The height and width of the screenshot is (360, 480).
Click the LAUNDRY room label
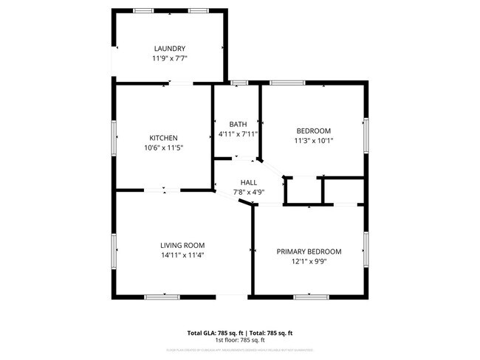(169, 49)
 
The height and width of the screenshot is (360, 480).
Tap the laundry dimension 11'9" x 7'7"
(169, 59)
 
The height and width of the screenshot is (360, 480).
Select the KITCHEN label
(163, 138)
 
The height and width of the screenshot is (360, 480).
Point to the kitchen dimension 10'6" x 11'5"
(163, 148)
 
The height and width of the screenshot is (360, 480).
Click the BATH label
(237, 124)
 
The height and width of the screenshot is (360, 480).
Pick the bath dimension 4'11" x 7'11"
(237, 134)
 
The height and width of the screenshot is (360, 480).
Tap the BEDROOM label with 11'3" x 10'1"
(313, 131)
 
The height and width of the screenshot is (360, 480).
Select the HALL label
(248, 182)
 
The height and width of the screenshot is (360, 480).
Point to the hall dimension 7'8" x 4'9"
(248, 192)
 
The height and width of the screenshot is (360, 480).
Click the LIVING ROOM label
(182, 245)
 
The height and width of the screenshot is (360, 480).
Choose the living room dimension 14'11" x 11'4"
(182, 255)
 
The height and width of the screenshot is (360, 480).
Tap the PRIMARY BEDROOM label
(309, 251)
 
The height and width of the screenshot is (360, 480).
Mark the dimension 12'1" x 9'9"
(309, 260)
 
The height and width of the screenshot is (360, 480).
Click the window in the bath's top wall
(238, 83)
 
